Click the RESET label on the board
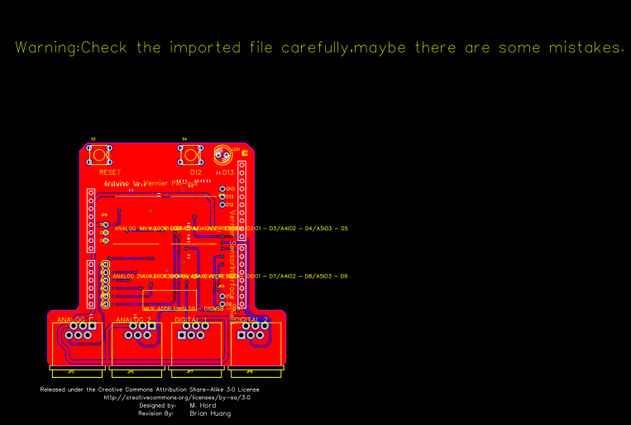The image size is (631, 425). click(110, 172)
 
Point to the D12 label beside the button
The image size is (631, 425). click(196, 172)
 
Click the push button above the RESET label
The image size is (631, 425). click(101, 154)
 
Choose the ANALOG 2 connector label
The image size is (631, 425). click(134, 319)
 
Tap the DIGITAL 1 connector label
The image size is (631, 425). click(192, 319)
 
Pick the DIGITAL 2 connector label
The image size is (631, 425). click(251, 319)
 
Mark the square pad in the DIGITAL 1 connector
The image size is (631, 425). click(183, 335)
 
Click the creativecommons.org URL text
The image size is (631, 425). click(177, 398)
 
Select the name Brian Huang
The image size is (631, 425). click(210, 413)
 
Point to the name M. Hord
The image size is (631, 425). click(203, 405)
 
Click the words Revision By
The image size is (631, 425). click(155, 413)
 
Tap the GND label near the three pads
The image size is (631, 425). click(230, 189)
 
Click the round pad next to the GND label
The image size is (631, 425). click(222, 189)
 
